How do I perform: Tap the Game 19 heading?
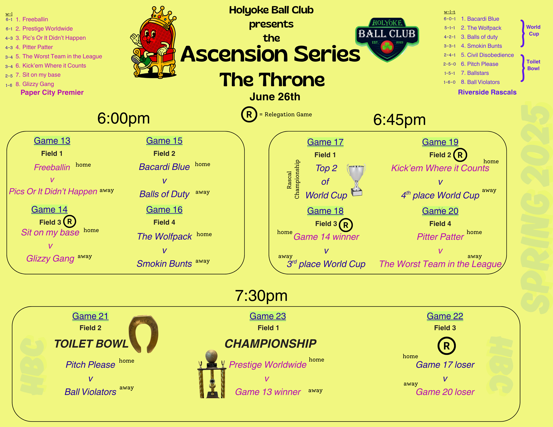(440, 142)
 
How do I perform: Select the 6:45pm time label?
(399, 120)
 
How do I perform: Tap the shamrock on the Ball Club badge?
(387, 47)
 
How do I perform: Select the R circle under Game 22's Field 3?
(446, 346)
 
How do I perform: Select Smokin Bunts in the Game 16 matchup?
(164, 264)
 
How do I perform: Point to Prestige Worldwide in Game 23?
(268, 365)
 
